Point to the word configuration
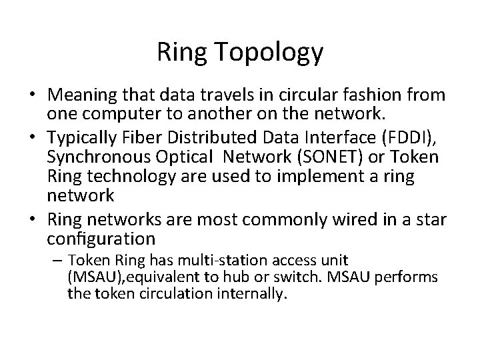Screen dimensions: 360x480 (x=101, y=238)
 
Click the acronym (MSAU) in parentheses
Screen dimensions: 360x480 (x=93, y=277)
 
